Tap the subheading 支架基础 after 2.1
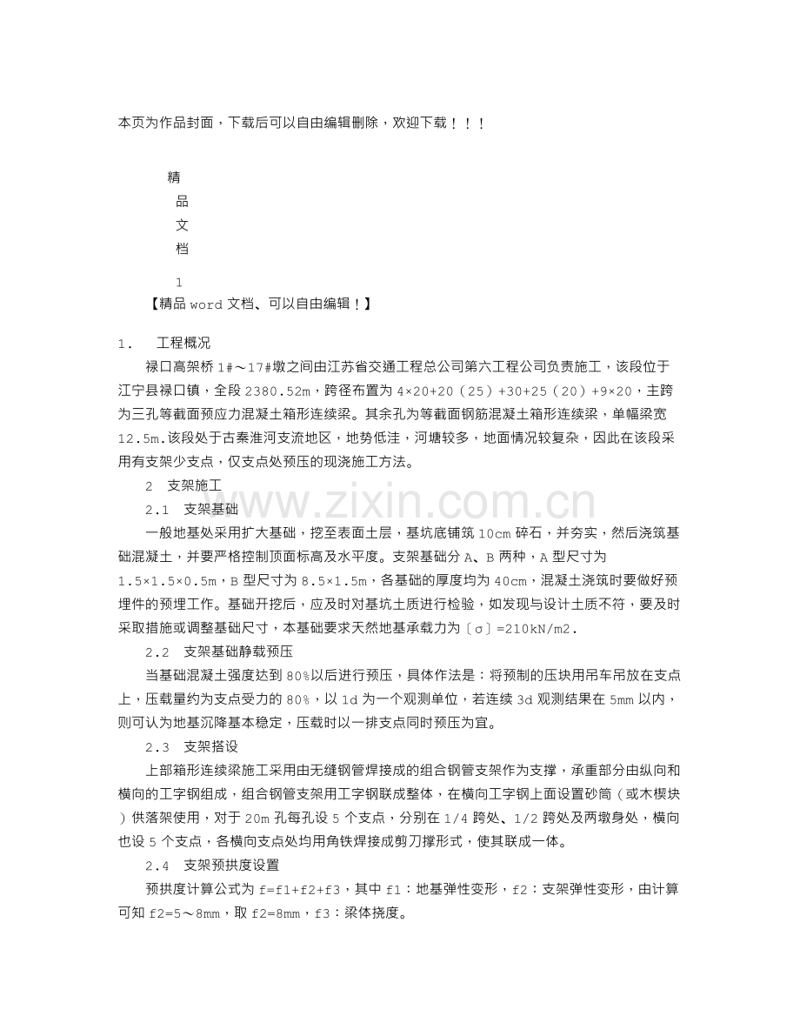(211, 508)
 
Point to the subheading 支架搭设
(211, 745)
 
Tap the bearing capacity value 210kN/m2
(542, 626)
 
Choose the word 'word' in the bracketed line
(206, 304)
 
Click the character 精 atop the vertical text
(174, 177)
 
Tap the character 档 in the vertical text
(182, 249)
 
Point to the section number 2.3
(157, 746)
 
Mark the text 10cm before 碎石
(495, 532)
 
